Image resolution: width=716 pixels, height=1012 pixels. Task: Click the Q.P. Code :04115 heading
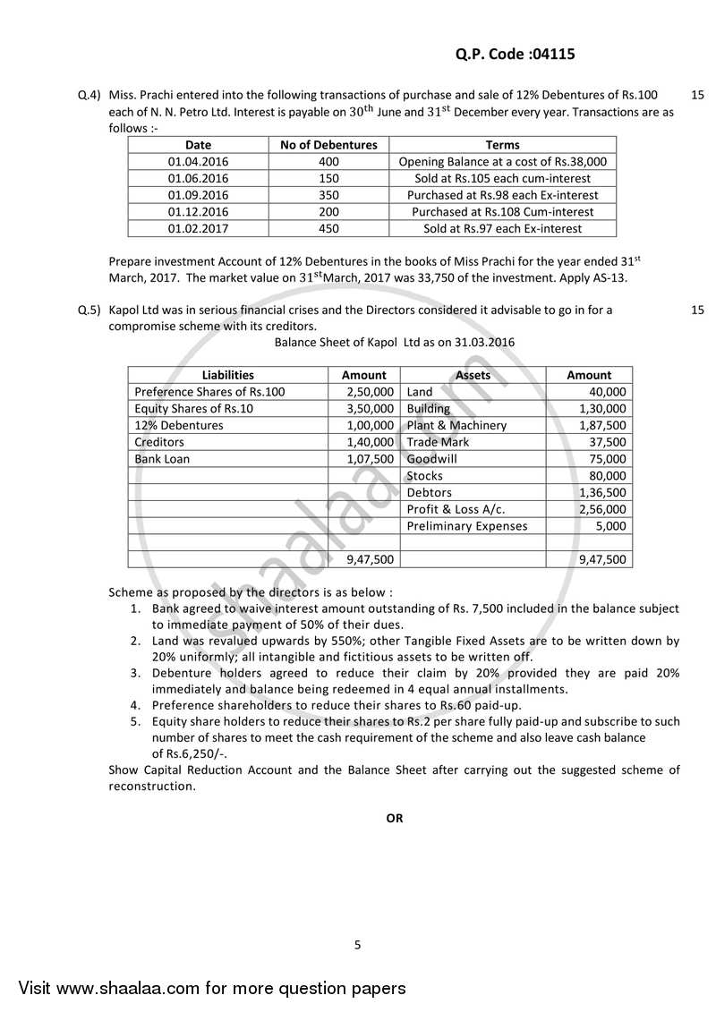[508, 54]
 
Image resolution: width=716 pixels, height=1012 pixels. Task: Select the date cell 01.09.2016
[198, 195]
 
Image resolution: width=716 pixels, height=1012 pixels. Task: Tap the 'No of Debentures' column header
[328, 145]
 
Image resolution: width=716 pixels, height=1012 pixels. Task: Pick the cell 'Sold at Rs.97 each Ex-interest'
[502, 229]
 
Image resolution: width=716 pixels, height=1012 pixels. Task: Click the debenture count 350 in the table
[328, 195]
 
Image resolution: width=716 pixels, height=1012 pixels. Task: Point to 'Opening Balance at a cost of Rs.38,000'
[502, 162]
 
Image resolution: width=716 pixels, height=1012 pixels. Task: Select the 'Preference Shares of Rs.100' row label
[209, 392]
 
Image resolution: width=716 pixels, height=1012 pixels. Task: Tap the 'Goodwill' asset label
[431, 459]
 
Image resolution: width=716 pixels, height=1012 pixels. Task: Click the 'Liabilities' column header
[227, 375]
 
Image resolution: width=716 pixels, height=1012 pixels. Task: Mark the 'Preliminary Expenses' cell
[466, 526]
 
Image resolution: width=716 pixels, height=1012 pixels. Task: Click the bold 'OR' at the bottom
[394, 818]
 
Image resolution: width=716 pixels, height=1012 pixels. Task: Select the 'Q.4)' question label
[89, 95]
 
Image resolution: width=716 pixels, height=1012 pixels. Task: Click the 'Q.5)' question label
[89, 310]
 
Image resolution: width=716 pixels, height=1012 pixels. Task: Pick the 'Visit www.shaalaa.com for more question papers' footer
[211, 989]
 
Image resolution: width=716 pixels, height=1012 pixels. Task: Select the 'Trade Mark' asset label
[438, 442]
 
